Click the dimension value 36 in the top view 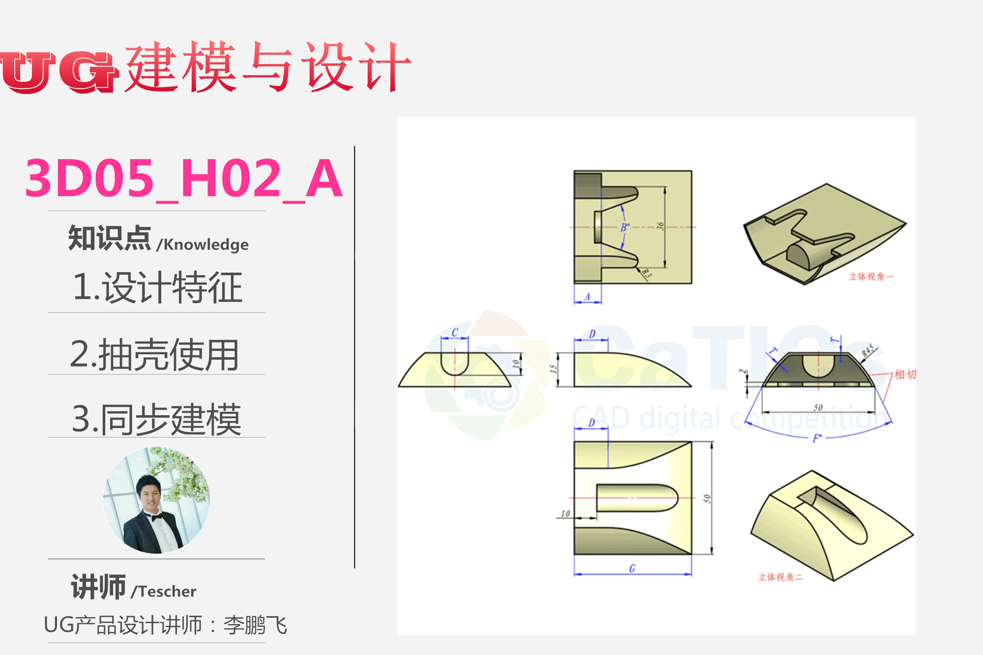pos(660,226)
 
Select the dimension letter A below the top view pos(587,297)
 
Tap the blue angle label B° pos(625,227)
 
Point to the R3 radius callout pos(646,274)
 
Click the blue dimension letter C pos(455,333)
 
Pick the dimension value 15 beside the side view pos(553,369)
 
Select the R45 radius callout pos(867,350)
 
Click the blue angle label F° pos(817,438)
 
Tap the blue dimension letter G pos(632,569)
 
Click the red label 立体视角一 pos(870,277)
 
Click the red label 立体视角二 pos(780,577)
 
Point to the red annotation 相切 pos(904,374)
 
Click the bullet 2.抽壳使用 pos(154,355)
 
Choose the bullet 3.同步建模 pos(156,420)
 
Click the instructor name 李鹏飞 pos(255,625)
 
